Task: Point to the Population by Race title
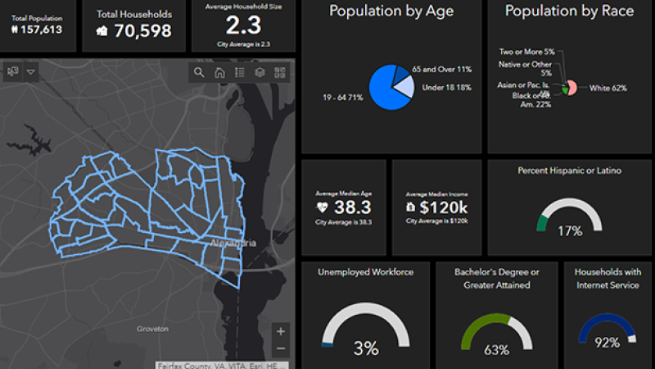coord(569,11)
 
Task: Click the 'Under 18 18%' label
coord(447,88)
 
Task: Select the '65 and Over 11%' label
coord(442,69)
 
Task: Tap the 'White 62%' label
coord(608,88)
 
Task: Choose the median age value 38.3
coord(353,207)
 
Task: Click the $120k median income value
coord(443,207)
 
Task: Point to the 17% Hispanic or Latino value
coord(570,230)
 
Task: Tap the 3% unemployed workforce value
coord(365,348)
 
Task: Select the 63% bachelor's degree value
coord(496,350)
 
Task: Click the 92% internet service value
coord(607,343)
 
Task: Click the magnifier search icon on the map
coord(199,72)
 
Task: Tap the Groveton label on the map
coord(153,328)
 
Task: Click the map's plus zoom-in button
coord(281,331)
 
